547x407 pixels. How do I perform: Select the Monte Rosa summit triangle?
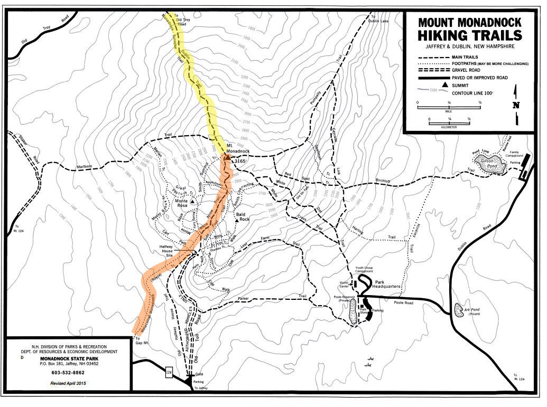tap(193, 202)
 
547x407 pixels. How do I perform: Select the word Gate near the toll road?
tap(199, 374)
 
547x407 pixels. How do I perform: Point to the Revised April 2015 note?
tap(69, 383)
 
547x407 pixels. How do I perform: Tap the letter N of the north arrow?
tap(515, 105)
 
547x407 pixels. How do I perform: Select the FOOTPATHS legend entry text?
tap(490, 63)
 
